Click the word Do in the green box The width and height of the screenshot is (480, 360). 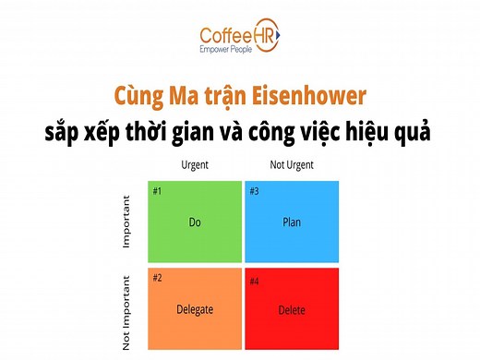195,222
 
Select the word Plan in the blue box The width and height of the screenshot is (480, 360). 292,222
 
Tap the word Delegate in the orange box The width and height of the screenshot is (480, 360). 195,309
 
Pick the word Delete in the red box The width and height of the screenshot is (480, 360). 292,309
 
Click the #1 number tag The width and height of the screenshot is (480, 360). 158,191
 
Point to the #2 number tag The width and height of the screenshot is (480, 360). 158,278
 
